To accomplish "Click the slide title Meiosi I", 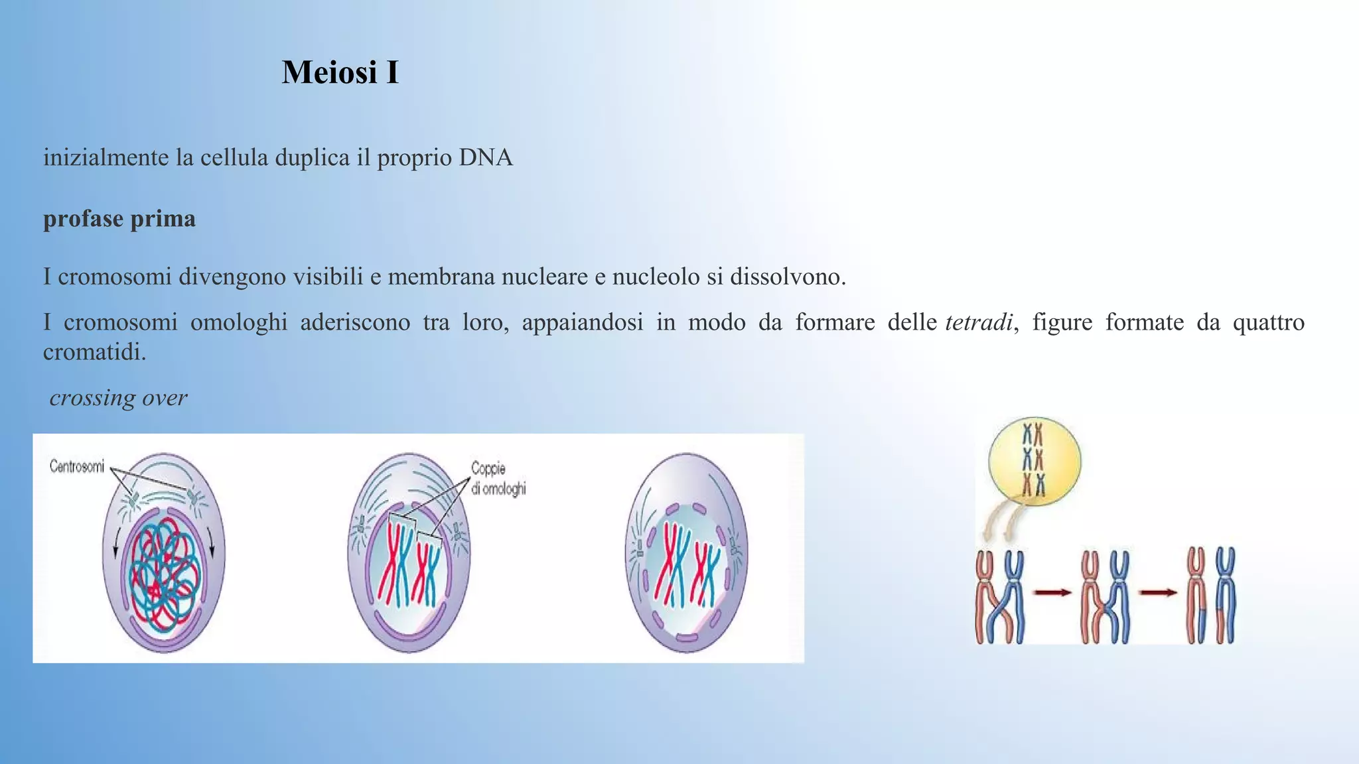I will point(340,72).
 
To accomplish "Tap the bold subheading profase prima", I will point(119,219).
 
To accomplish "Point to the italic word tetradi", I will point(978,322).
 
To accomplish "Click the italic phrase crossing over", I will point(118,398).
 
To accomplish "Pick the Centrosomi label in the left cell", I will point(77,467).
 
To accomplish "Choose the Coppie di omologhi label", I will point(498,478).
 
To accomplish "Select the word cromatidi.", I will point(94,352).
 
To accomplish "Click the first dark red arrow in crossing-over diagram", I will point(1052,592).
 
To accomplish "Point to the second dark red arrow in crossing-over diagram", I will point(1158,592).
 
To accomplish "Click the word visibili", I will point(328,277).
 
